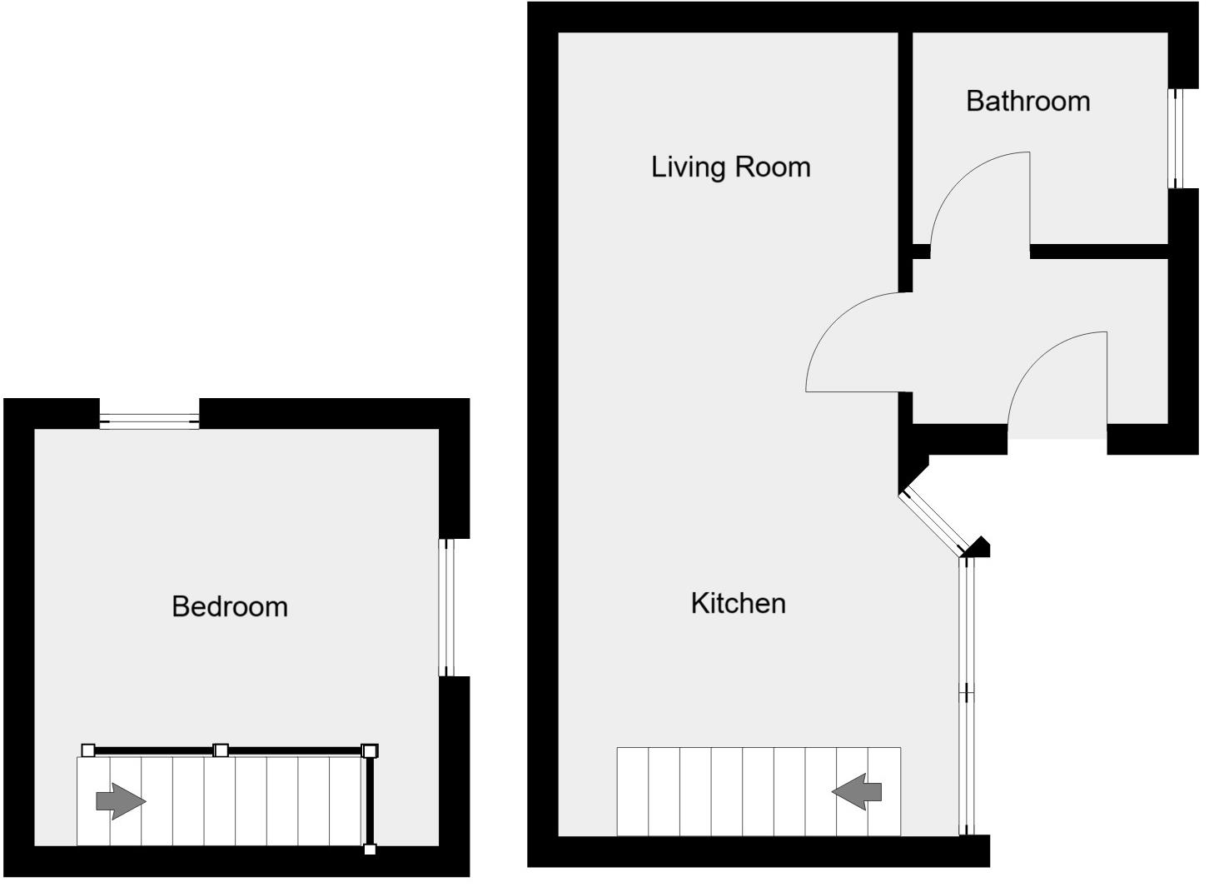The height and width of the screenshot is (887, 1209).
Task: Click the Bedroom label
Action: (x=230, y=606)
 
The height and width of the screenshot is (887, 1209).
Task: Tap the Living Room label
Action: (x=730, y=167)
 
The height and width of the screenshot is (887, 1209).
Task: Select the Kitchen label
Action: (x=738, y=603)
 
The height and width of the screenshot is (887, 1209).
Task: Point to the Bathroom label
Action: (x=1027, y=101)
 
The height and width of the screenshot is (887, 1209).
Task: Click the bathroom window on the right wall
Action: (x=1177, y=138)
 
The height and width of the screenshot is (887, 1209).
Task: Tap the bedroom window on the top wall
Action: (x=149, y=421)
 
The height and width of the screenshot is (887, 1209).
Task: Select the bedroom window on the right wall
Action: (x=447, y=607)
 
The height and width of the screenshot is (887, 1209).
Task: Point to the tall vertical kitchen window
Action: (x=966, y=695)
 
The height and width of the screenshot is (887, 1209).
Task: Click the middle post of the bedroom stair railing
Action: (x=221, y=750)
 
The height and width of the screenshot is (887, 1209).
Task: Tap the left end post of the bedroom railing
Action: (x=88, y=750)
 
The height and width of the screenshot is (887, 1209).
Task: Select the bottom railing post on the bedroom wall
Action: (x=370, y=850)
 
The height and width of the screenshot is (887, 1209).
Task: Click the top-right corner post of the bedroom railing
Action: (x=370, y=750)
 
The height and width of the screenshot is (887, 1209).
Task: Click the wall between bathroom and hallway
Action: (x=1099, y=252)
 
